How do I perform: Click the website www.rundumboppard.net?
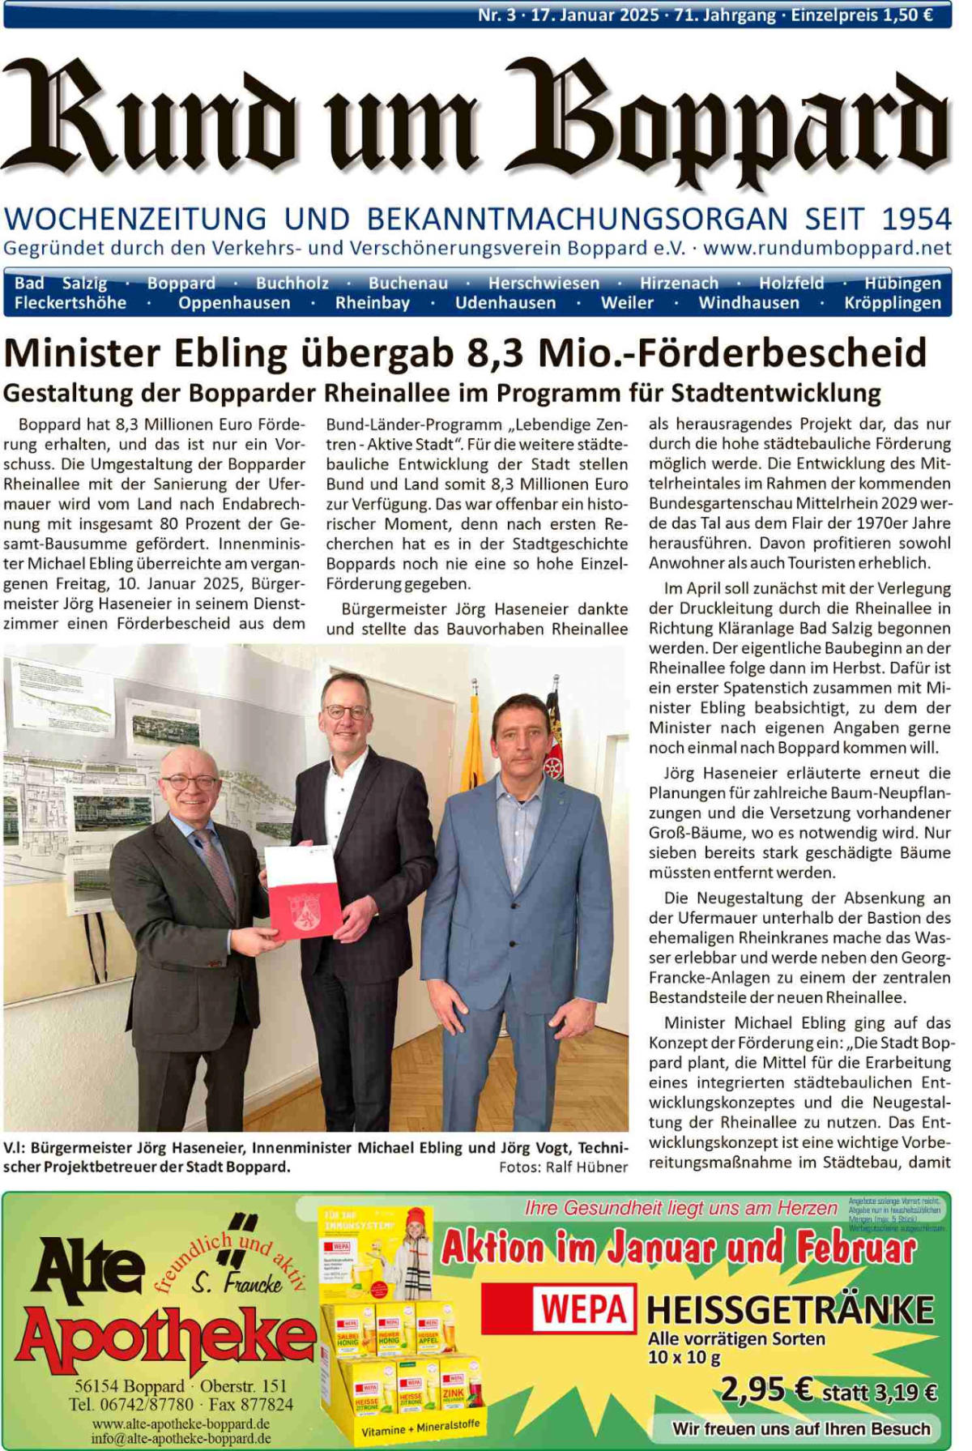click(827, 248)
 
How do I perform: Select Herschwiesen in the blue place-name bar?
click(544, 283)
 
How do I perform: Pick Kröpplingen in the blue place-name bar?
click(893, 303)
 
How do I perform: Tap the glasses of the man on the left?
click(190, 782)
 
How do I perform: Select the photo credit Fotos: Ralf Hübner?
click(563, 1167)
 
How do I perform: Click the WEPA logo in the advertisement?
click(584, 1308)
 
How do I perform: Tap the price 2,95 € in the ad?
click(766, 1390)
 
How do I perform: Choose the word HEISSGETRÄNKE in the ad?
click(790, 1310)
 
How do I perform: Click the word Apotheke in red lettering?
click(166, 1339)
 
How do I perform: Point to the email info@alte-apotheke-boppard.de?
click(181, 1439)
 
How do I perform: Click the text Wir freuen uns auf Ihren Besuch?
click(800, 1428)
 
